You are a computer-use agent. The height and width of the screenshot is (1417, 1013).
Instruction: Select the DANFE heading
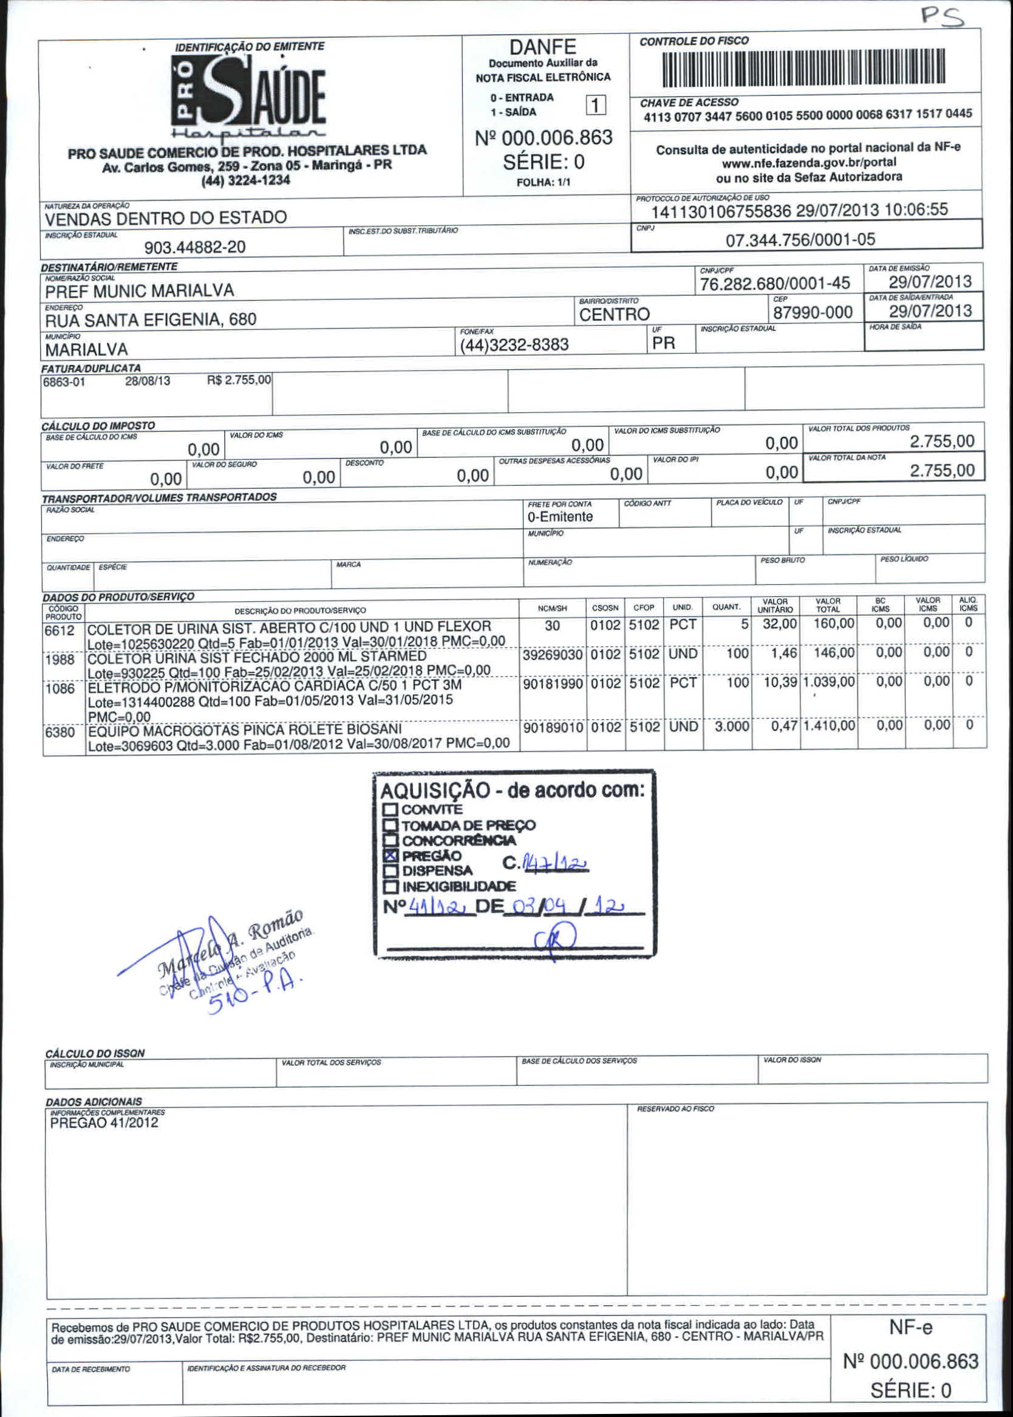(543, 47)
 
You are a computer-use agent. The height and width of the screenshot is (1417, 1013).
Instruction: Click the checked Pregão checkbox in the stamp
(391, 855)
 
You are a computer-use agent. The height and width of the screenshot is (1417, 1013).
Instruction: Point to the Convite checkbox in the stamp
(391, 810)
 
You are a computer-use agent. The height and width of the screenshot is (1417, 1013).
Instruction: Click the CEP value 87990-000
(813, 312)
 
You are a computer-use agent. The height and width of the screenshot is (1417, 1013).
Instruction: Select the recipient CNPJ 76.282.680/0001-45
(775, 284)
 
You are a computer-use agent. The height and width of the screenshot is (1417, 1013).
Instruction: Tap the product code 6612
(60, 631)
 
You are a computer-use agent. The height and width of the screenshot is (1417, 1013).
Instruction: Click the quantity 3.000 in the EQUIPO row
(732, 726)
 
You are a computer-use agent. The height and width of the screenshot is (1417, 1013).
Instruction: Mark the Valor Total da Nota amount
(942, 470)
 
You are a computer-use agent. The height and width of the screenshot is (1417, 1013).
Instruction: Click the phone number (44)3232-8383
(514, 345)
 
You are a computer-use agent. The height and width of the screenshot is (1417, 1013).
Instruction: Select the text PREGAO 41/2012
(104, 1123)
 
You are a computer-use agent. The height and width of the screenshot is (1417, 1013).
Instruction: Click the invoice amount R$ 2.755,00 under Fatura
(239, 380)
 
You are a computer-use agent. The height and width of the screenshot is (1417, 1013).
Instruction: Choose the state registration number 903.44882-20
(194, 248)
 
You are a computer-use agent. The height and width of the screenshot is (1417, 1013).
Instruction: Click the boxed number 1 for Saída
(596, 106)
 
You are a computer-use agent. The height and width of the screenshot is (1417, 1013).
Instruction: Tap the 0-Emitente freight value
(560, 516)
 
